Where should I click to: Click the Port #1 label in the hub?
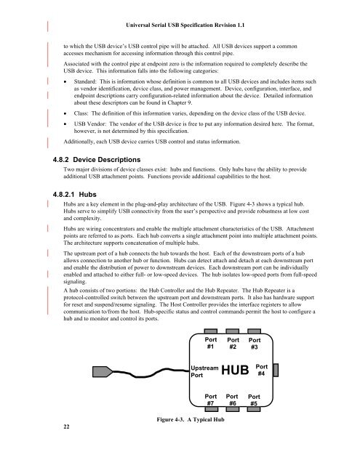(211, 343)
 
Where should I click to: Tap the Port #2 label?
(233, 344)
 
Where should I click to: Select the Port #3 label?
(255, 344)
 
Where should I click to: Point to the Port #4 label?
(262, 370)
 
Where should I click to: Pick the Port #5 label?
(254, 400)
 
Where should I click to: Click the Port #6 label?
(232, 400)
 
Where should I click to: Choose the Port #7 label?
(211, 400)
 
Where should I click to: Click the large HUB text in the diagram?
(235, 370)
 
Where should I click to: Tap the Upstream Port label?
(204, 371)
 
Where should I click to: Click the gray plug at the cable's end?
(103, 371)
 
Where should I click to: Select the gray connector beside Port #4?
(276, 370)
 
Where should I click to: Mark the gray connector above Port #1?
(211, 331)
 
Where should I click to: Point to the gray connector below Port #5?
(254, 409)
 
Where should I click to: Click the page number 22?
(66, 426)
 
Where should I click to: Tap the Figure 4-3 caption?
(191, 419)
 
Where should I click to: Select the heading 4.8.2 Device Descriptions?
(97, 160)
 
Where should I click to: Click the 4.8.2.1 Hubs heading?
(74, 195)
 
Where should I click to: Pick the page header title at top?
(185, 25)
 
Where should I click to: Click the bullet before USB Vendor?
(65, 124)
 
